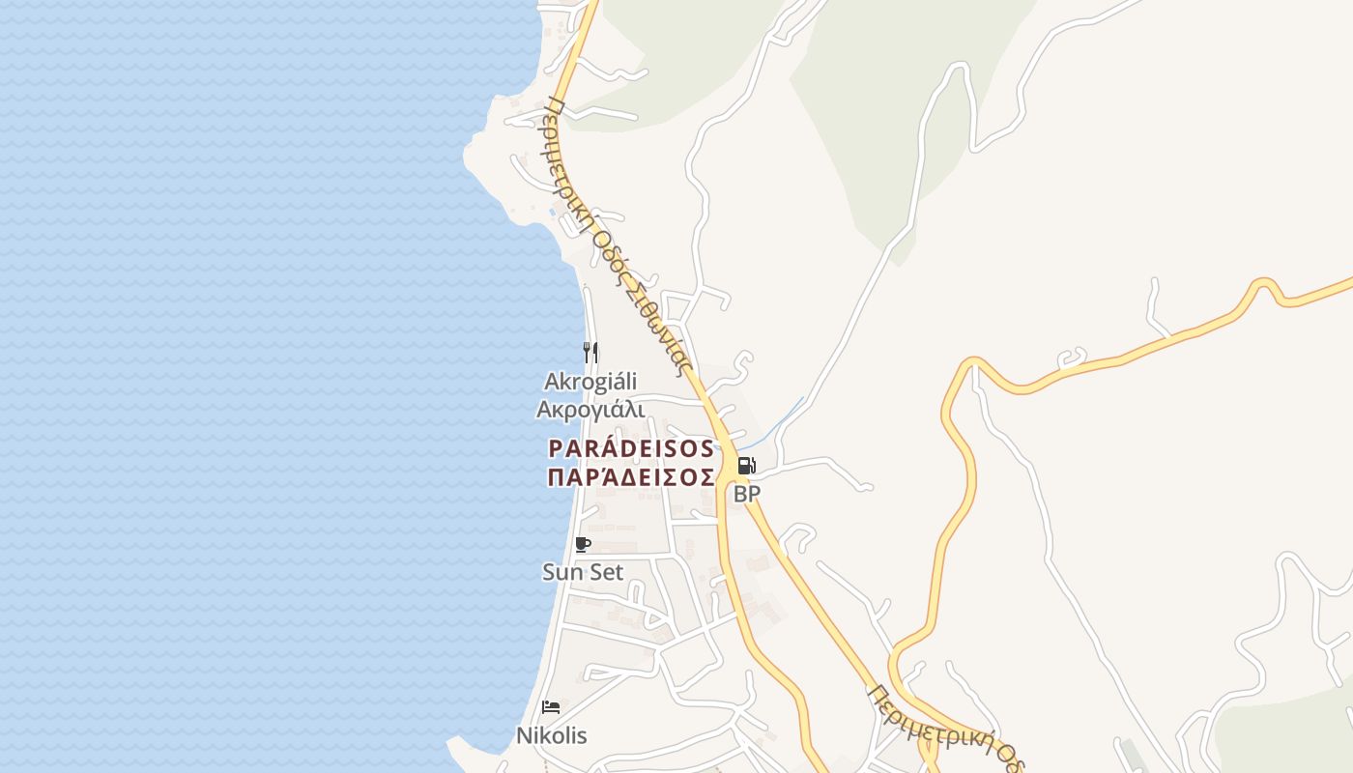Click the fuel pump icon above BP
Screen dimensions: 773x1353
tap(746, 466)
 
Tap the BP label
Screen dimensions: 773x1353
tap(747, 494)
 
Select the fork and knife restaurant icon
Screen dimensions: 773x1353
tap(590, 352)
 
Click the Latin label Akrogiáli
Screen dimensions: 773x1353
tap(590, 382)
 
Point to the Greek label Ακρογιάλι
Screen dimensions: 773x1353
tap(590, 410)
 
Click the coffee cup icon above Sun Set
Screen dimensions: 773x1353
tap(583, 545)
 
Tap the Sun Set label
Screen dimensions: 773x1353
tap(583, 572)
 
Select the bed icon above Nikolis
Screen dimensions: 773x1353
tap(551, 707)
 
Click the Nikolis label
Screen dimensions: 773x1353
tap(551, 735)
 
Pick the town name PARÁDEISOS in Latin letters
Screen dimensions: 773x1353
tap(632, 449)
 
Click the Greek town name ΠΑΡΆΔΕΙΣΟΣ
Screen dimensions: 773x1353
tap(632, 478)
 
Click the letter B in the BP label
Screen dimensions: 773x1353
tap(740, 494)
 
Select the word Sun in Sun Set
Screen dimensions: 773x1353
tap(562, 572)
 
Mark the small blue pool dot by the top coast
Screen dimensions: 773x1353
tap(552, 211)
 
